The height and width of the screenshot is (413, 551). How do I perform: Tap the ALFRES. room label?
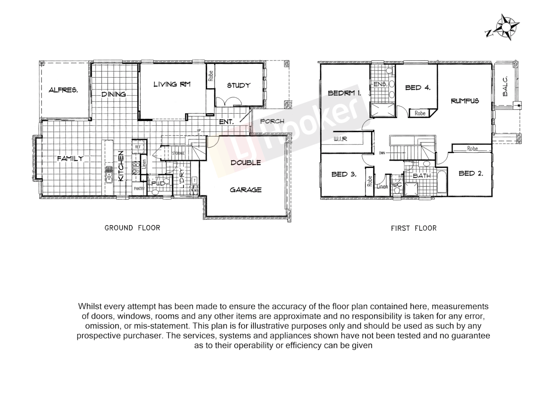(x=64, y=91)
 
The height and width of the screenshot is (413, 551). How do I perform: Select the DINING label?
(x=114, y=94)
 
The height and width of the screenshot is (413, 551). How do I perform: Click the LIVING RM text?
(x=172, y=84)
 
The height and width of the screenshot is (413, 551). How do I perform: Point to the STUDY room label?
(x=238, y=85)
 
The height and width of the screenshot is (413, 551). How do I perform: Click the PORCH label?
(x=272, y=122)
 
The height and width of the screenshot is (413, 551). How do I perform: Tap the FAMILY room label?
(x=70, y=158)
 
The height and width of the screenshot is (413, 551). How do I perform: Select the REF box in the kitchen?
(x=137, y=146)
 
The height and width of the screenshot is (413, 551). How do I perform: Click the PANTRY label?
(x=139, y=188)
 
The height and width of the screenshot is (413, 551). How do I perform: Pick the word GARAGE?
(x=246, y=190)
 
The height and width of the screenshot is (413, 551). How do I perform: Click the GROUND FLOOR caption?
(x=132, y=228)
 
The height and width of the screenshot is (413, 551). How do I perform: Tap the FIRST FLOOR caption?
(x=414, y=228)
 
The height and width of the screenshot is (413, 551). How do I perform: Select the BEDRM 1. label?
(x=344, y=93)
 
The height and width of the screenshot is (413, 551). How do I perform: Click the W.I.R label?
(x=340, y=139)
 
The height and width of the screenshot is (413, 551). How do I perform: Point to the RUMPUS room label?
(x=465, y=101)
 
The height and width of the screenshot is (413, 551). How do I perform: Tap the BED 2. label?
(x=471, y=173)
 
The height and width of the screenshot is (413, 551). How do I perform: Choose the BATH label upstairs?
(x=422, y=176)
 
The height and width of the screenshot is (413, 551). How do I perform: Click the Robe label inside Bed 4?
(x=420, y=113)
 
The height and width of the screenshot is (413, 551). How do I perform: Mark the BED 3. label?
(x=344, y=174)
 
